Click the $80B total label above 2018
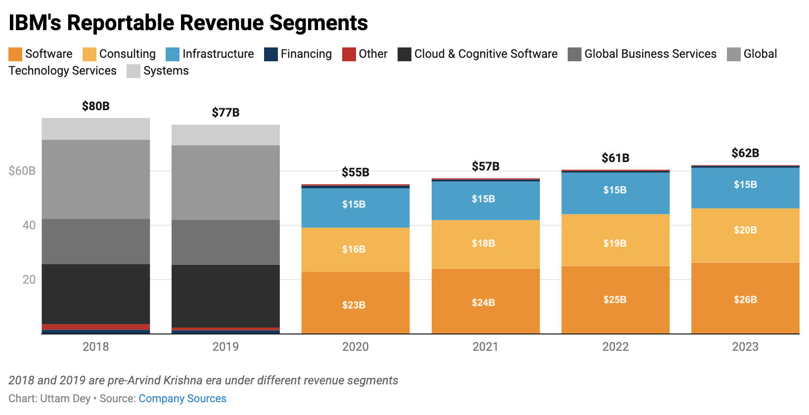tap(95, 106)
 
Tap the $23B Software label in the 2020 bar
tap(354, 305)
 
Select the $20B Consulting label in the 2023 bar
tap(745, 230)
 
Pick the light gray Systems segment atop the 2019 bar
tap(225, 135)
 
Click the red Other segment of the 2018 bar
tap(95, 327)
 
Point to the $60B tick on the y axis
tap(22, 171)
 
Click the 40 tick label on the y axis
tap(29, 225)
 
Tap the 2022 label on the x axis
tap(615, 347)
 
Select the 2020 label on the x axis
tap(355, 347)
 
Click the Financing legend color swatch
tap(271, 54)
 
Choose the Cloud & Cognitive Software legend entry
tap(485, 54)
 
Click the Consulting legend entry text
tap(127, 54)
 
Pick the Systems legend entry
tap(166, 71)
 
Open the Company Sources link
tap(182, 399)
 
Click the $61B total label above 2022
tap(615, 158)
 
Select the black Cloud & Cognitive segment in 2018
tap(95, 294)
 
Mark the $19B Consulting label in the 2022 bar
tap(615, 243)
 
